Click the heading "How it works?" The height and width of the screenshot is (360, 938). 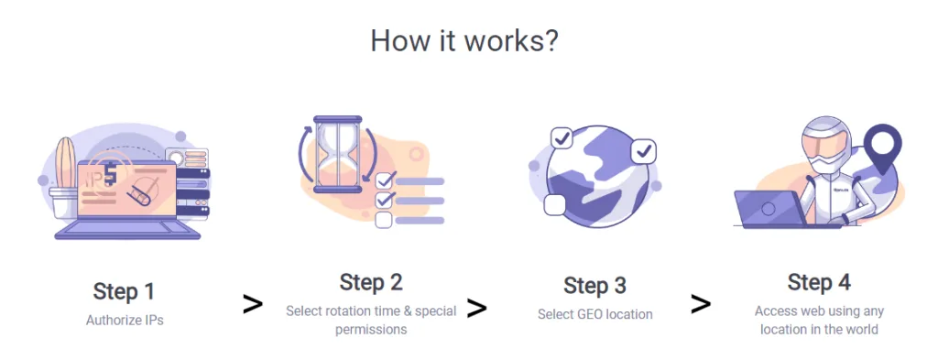(464, 41)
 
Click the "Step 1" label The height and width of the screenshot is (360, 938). (124, 292)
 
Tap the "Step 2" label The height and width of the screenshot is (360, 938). (371, 282)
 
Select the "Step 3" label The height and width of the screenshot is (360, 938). (594, 286)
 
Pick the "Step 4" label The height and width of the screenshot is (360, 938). (819, 282)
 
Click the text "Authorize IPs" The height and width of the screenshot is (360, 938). (125, 320)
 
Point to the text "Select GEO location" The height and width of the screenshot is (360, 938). (594, 314)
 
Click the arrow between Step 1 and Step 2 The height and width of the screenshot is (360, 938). (253, 304)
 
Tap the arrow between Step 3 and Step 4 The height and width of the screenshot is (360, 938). (701, 304)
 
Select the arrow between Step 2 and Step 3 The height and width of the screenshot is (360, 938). (476, 308)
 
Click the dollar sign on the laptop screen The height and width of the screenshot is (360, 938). (110, 174)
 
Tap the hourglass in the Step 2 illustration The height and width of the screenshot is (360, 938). (338, 154)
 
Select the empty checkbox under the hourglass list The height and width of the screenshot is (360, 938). (384, 220)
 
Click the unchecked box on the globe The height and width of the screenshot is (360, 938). (554, 205)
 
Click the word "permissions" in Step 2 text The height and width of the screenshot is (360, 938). (371, 329)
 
